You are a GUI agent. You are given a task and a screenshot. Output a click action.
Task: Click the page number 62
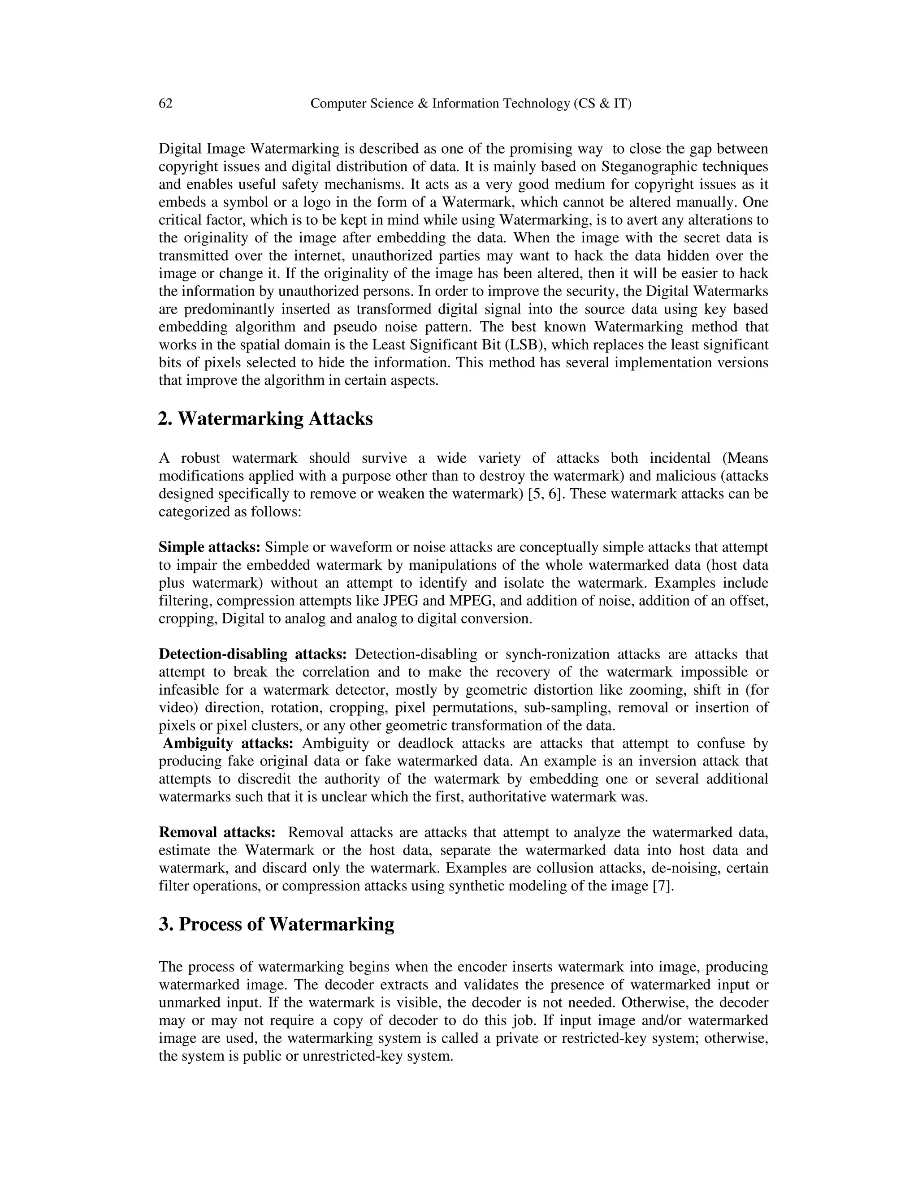point(165,103)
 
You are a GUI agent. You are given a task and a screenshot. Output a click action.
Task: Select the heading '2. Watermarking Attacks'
point(265,418)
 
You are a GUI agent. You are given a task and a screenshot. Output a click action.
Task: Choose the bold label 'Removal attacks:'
point(217,832)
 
